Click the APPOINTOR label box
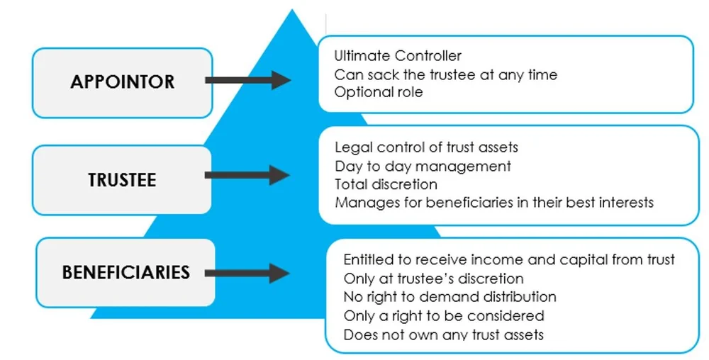pos(122,82)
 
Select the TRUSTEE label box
pos(122,180)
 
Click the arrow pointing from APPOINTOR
pos(247,80)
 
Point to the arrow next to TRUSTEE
pos(247,176)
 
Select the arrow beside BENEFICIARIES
pos(247,273)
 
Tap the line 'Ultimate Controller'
pos(398,56)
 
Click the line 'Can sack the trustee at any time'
pos(446,74)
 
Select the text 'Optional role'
pos(379,93)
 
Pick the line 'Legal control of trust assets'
pos(426,147)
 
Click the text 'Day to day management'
pos(423,166)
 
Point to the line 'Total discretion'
pos(386,184)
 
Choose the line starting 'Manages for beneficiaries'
pos(494,203)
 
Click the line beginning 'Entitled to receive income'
pos(509,260)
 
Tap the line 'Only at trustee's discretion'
pos(433,279)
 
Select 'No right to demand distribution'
pos(450,297)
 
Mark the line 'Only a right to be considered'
pos(444,315)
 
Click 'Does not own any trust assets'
pos(444,334)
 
